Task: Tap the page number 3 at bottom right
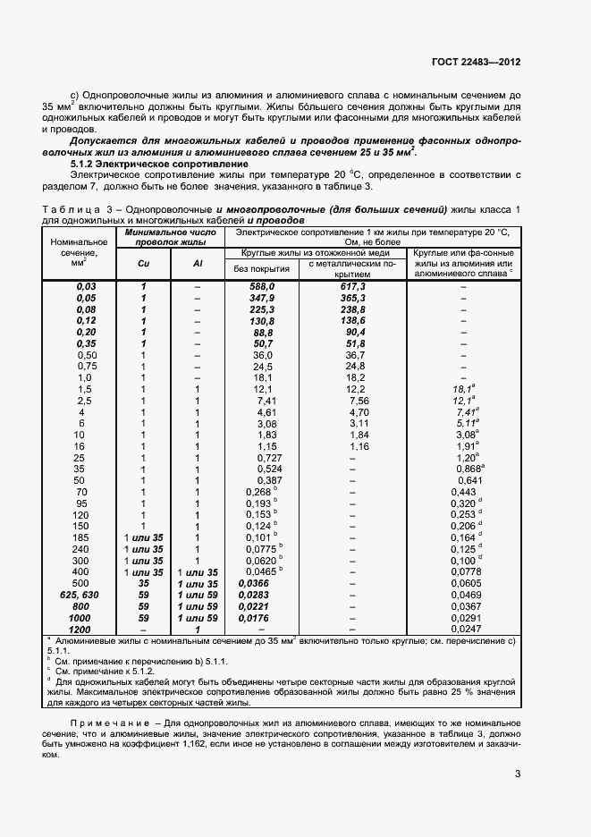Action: tap(518, 774)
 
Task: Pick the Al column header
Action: tap(198, 264)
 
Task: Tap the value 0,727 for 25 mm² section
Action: tap(258, 458)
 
